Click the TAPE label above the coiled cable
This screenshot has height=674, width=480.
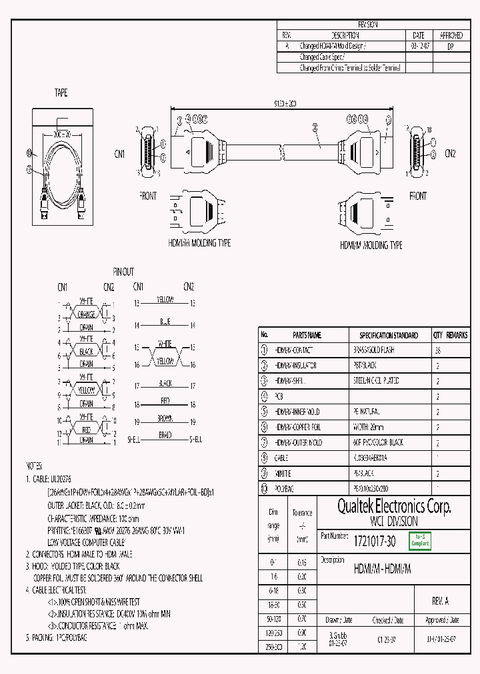coord(61,93)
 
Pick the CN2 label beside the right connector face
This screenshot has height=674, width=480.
coord(450,153)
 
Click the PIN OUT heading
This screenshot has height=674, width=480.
coord(123,272)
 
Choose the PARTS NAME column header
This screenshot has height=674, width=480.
coord(307,335)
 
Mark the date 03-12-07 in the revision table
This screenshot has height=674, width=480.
coord(418,47)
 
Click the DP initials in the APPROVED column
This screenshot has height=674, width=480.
coord(451,47)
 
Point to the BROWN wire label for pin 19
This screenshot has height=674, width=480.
coord(165,419)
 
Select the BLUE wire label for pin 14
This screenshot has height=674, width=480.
coord(165,322)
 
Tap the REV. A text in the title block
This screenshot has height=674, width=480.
coord(440,601)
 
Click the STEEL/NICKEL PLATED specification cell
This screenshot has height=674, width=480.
coord(375,381)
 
